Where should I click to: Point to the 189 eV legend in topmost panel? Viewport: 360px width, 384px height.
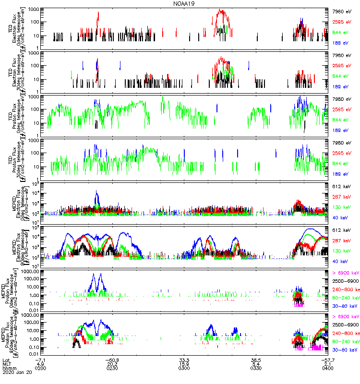coord(342,43)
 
